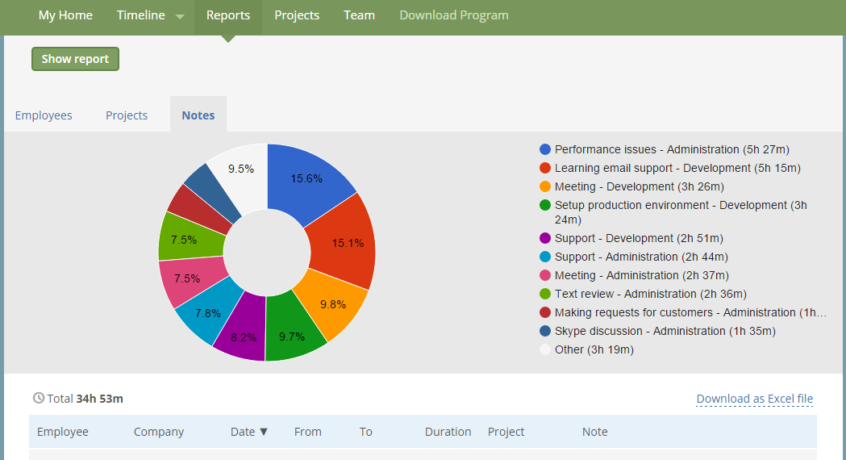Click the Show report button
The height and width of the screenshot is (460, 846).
(75, 59)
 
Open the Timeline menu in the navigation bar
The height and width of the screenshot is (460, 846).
(149, 15)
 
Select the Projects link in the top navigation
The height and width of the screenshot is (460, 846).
(297, 15)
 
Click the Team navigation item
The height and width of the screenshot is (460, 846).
(359, 15)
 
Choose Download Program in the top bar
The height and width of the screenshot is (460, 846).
(454, 15)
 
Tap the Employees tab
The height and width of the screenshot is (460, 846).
(44, 115)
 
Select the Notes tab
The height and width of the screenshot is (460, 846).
(198, 115)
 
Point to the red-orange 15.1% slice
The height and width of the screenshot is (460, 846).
(345, 242)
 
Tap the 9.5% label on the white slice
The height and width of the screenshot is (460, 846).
(241, 169)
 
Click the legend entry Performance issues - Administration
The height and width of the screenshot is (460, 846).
(672, 149)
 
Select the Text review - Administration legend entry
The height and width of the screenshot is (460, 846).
(650, 294)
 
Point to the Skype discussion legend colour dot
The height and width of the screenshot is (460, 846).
(545, 331)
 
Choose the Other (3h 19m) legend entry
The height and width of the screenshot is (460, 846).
(594, 349)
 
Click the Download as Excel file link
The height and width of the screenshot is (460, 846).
(754, 399)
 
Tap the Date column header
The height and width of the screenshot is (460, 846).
(248, 432)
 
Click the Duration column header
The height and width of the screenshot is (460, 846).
(448, 432)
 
